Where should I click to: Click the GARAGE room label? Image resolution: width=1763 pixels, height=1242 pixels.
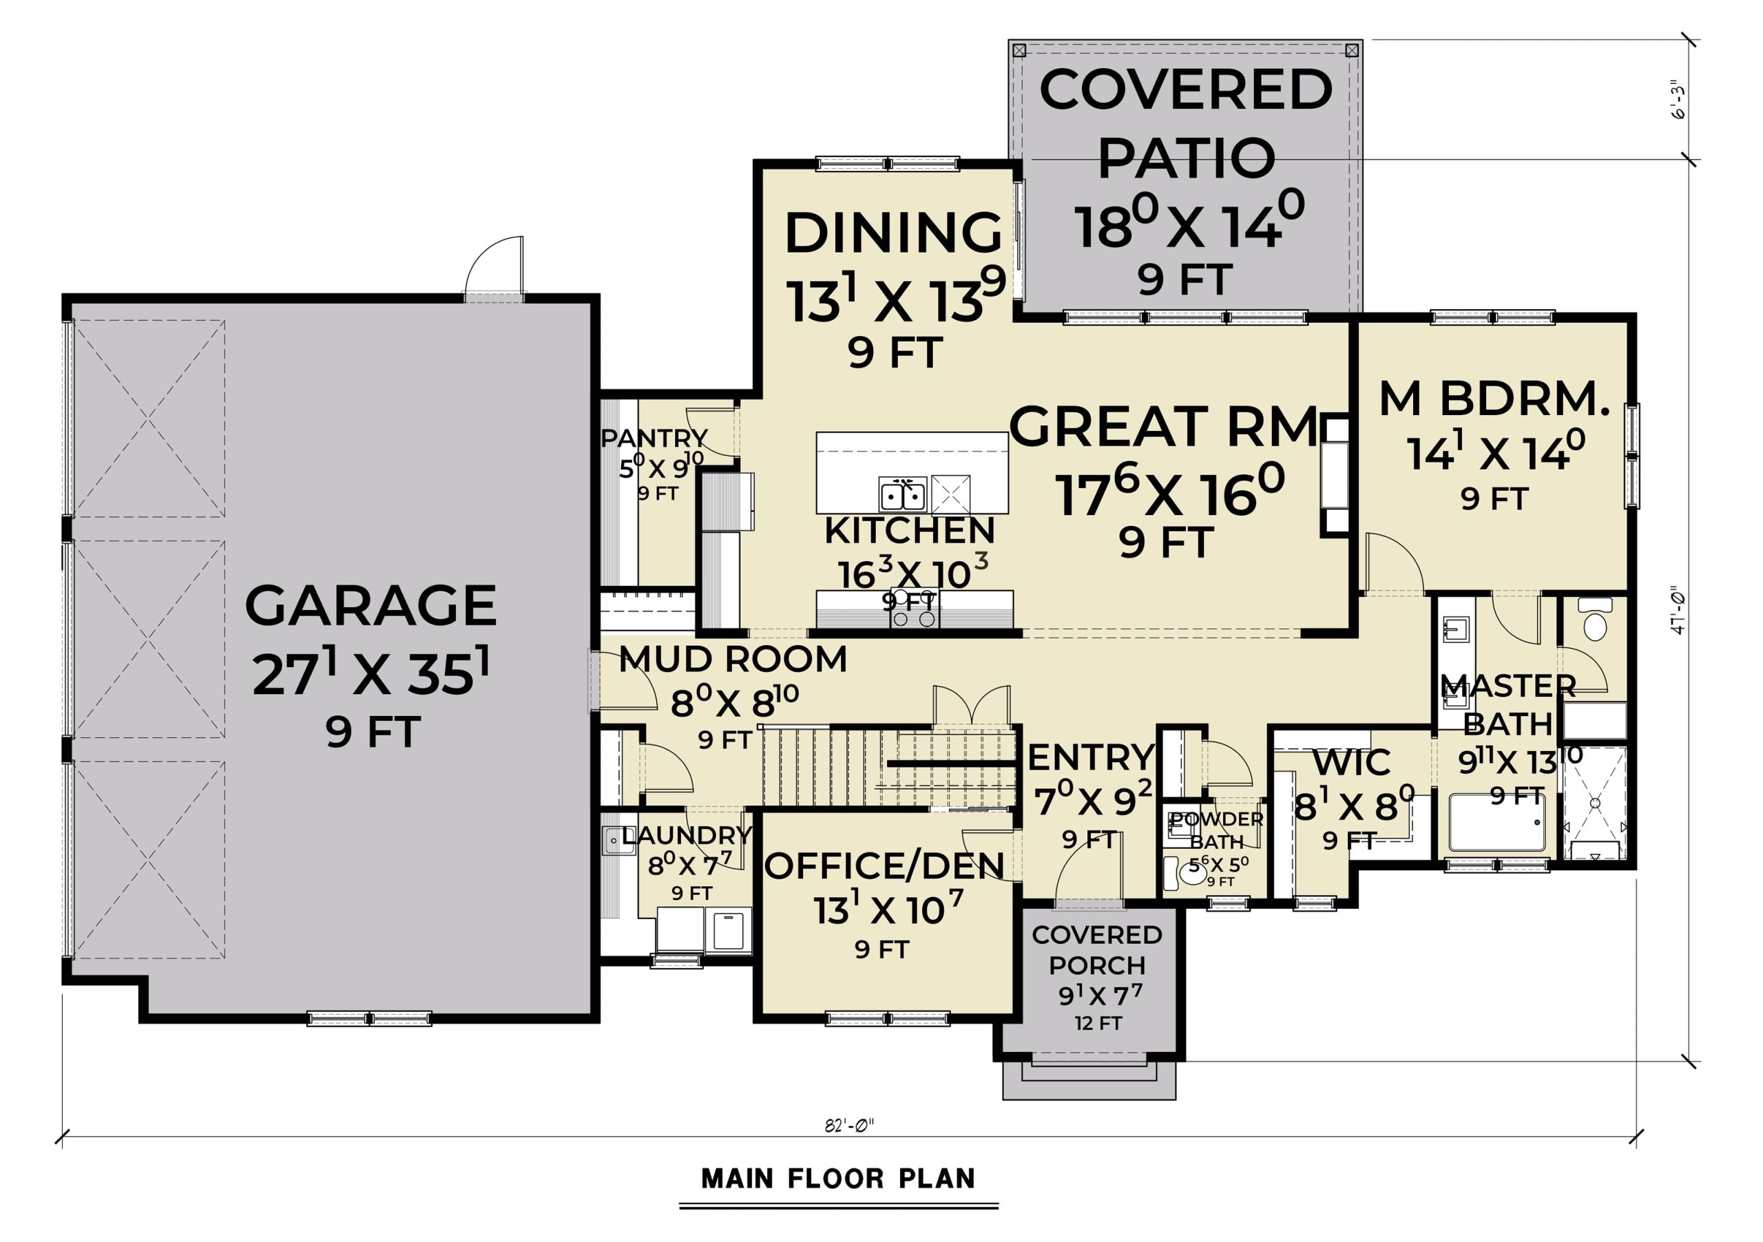pos(371,606)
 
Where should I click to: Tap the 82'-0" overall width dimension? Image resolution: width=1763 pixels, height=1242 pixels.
pos(849,1126)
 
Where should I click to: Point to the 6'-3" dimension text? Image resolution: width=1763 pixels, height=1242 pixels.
pos(1678,100)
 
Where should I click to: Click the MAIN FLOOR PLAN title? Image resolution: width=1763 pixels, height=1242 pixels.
pos(839,1178)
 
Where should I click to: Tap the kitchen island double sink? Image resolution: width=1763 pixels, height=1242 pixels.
pos(903,495)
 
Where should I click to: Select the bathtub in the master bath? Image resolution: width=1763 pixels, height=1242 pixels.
pos(1497,823)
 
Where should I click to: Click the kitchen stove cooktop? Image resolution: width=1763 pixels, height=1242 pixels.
pos(915,609)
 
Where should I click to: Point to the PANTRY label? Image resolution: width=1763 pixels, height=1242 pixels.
pos(654,439)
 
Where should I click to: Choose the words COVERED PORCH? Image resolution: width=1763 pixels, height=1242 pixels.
pos(1096,949)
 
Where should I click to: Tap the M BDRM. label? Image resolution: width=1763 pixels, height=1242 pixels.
pos(1494,399)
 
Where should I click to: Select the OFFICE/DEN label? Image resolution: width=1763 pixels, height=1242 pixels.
pos(884,866)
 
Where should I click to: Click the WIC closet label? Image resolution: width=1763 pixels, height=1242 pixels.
pos(1351,763)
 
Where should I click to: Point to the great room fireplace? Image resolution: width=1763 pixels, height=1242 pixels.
pos(1335,475)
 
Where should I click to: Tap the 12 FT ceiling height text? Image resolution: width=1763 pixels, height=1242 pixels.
pos(1098,1023)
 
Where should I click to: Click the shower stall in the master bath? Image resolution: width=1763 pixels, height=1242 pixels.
pos(1596,803)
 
